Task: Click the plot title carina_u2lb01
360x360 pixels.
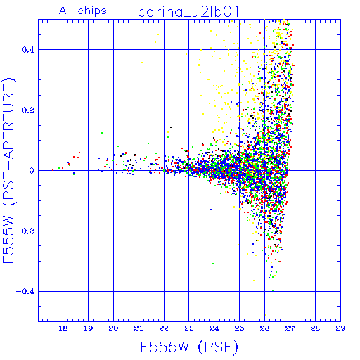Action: point(188,12)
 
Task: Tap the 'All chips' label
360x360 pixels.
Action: point(83,11)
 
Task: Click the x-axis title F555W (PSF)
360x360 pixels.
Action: point(189,347)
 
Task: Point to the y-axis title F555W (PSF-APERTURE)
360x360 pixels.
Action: point(9,170)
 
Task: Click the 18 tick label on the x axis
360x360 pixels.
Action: point(63,328)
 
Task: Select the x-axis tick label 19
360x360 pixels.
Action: point(88,328)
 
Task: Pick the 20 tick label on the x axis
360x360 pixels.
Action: point(113,328)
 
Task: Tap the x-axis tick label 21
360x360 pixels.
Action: point(139,328)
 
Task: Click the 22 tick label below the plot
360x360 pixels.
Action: point(164,328)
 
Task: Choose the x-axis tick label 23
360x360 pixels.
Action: point(189,328)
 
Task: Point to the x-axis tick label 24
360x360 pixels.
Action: point(214,328)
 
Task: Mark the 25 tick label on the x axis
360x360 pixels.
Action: point(239,328)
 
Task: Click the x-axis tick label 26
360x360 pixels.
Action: point(264,328)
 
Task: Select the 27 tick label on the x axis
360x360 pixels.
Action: point(290,328)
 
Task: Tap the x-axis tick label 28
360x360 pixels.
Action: point(315,328)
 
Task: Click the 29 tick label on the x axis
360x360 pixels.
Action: point(340,328)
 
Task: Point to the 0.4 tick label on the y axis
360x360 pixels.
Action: point(28,50)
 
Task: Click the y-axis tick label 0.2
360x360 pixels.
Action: point(28,110)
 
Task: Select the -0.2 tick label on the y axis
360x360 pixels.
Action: point(25,231)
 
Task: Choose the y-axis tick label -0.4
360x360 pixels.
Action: point(25,292)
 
